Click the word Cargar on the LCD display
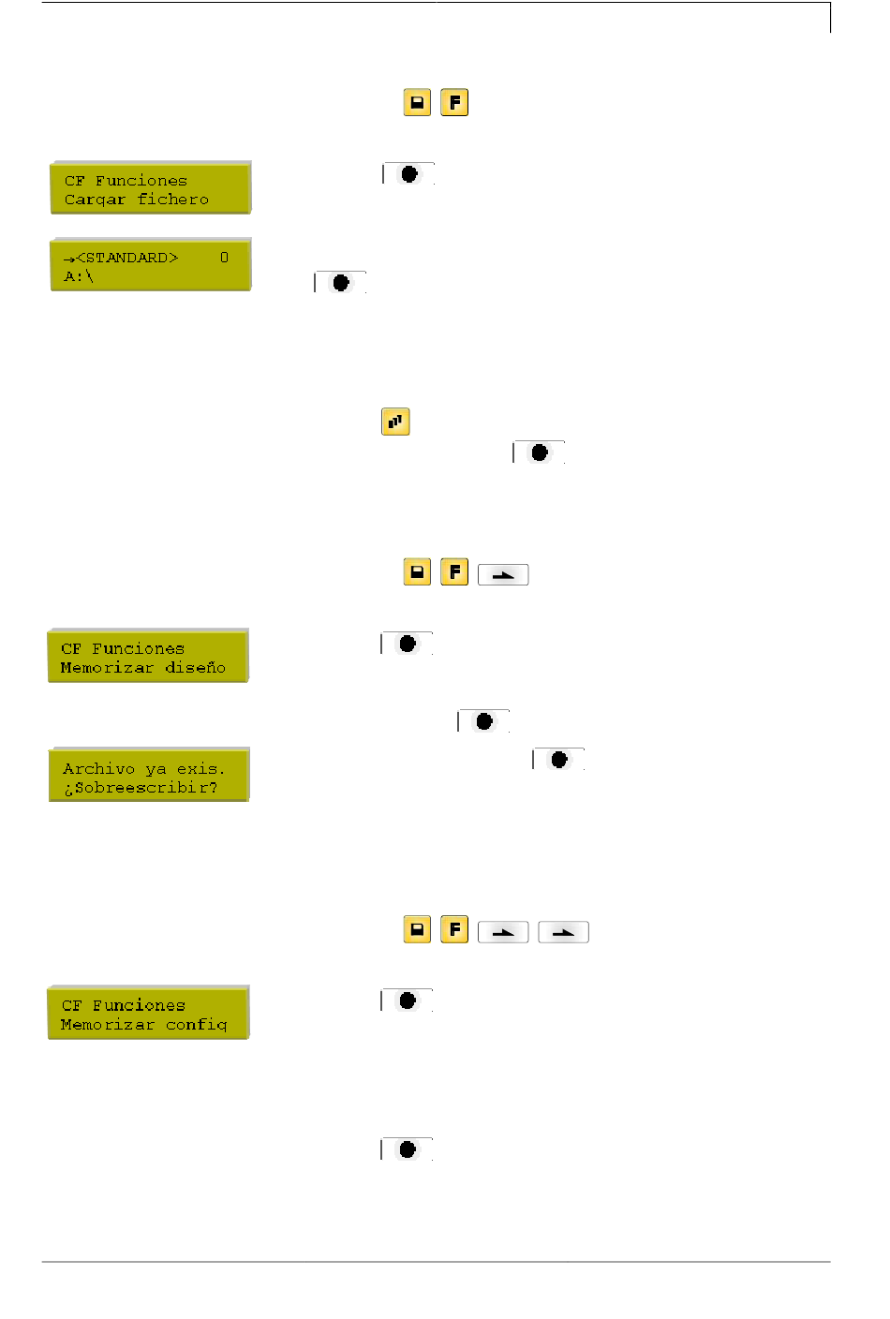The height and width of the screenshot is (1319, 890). click(x=95, y=200)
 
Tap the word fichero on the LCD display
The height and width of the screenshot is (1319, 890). click(x=173, y=200)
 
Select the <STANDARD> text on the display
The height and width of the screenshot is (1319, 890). click(x=127, y=258)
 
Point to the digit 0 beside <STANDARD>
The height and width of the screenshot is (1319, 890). click(x=225, y=258)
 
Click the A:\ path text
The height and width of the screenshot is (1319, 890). click(x=79, y=276)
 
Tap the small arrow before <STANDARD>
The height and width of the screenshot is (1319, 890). click(x=69, y=259)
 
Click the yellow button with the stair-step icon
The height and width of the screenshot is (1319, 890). click(x=395, y=422)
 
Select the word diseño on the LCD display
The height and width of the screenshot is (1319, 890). click(x=195, y=667)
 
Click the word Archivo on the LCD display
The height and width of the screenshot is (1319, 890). click(x=99, y=769)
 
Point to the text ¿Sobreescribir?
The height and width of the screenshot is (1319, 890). click(x=141, y=788)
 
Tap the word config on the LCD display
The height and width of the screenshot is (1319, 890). click(x=196, y=1025)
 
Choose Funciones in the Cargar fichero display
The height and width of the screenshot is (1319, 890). click(x=141, y=181)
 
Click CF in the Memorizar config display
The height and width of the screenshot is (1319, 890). click(x=71, y=1006)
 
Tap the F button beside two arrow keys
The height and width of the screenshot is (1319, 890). click(x=454, y=929)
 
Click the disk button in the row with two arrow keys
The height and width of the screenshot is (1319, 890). click(x=417, y=929)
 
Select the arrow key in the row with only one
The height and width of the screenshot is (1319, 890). click(x=503, y=574)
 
